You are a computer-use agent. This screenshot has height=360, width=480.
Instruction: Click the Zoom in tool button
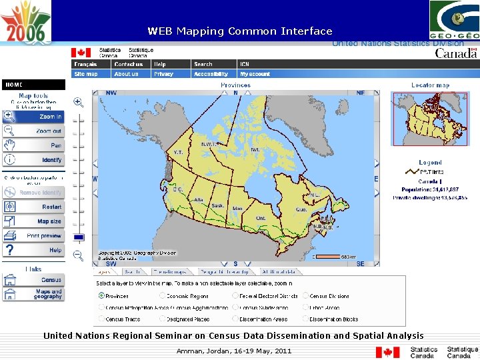(x=33, y=117)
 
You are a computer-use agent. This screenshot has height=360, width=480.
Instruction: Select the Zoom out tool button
(x=33, y=131)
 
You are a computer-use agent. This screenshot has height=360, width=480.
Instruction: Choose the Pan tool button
(x=33, y=145)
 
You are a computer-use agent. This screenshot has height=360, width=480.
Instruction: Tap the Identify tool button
(x=33, y=160)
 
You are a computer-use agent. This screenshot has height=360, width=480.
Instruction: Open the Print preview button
(x=33, y=236)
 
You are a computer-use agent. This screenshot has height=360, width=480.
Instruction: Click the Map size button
(x=33, y=221)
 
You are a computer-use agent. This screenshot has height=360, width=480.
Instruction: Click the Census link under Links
(x=33, y=280)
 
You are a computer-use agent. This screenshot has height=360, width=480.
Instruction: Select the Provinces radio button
(x=102, y=296)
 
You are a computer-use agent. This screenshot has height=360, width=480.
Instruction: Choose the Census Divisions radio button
(x=306, y=296)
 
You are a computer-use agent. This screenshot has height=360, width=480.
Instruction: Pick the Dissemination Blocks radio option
(x=306, y=319)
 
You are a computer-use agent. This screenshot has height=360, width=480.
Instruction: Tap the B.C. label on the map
(x=178, y=189)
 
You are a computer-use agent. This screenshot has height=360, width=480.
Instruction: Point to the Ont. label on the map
(x=261, y=218)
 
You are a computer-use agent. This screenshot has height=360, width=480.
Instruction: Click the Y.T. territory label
(x=178, y=153)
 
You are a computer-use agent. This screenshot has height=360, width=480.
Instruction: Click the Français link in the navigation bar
(x=85, y=65)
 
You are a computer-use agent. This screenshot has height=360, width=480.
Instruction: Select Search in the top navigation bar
(x=203, y=65)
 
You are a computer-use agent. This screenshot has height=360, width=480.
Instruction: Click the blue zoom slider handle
(x=79, y=237)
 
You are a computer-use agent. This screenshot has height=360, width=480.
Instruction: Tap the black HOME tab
(x=33, y=85)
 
